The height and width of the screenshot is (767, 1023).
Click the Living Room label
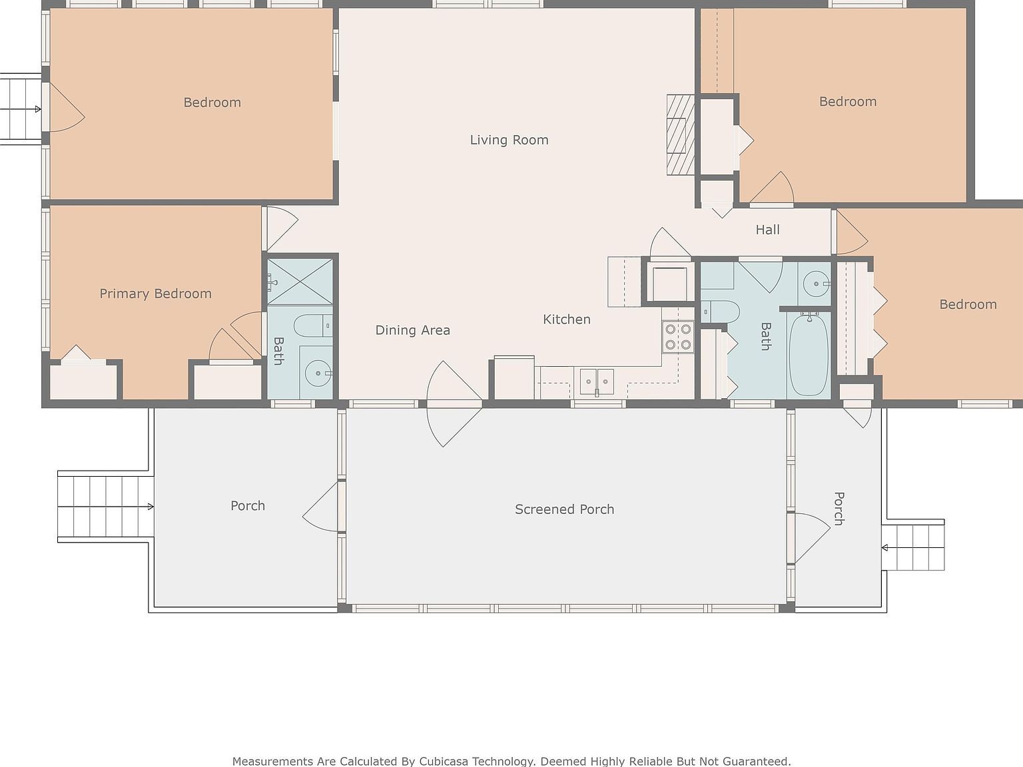(x=509, y=140)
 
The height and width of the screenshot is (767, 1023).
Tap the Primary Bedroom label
(x=155, y=294)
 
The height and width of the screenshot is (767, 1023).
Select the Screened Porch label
(x=564, y=509)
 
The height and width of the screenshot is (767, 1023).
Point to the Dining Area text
(x=412, y=330)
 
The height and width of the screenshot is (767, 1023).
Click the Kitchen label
(x=566, y=320)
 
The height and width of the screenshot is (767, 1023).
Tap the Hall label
(x=767, y=230)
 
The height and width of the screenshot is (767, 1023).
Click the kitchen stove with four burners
(x=678, y=337)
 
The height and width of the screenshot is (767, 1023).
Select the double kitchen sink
(x=596, y=382)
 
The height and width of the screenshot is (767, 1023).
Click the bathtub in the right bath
(x=809, y=354)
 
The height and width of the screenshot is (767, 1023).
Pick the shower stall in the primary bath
(x=300, y=282)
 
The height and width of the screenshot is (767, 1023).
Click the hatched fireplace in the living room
(x=680, y=135)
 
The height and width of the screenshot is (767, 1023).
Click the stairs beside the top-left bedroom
(x=19, y=109)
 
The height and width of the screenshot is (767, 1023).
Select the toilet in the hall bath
(x=722, y=311)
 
